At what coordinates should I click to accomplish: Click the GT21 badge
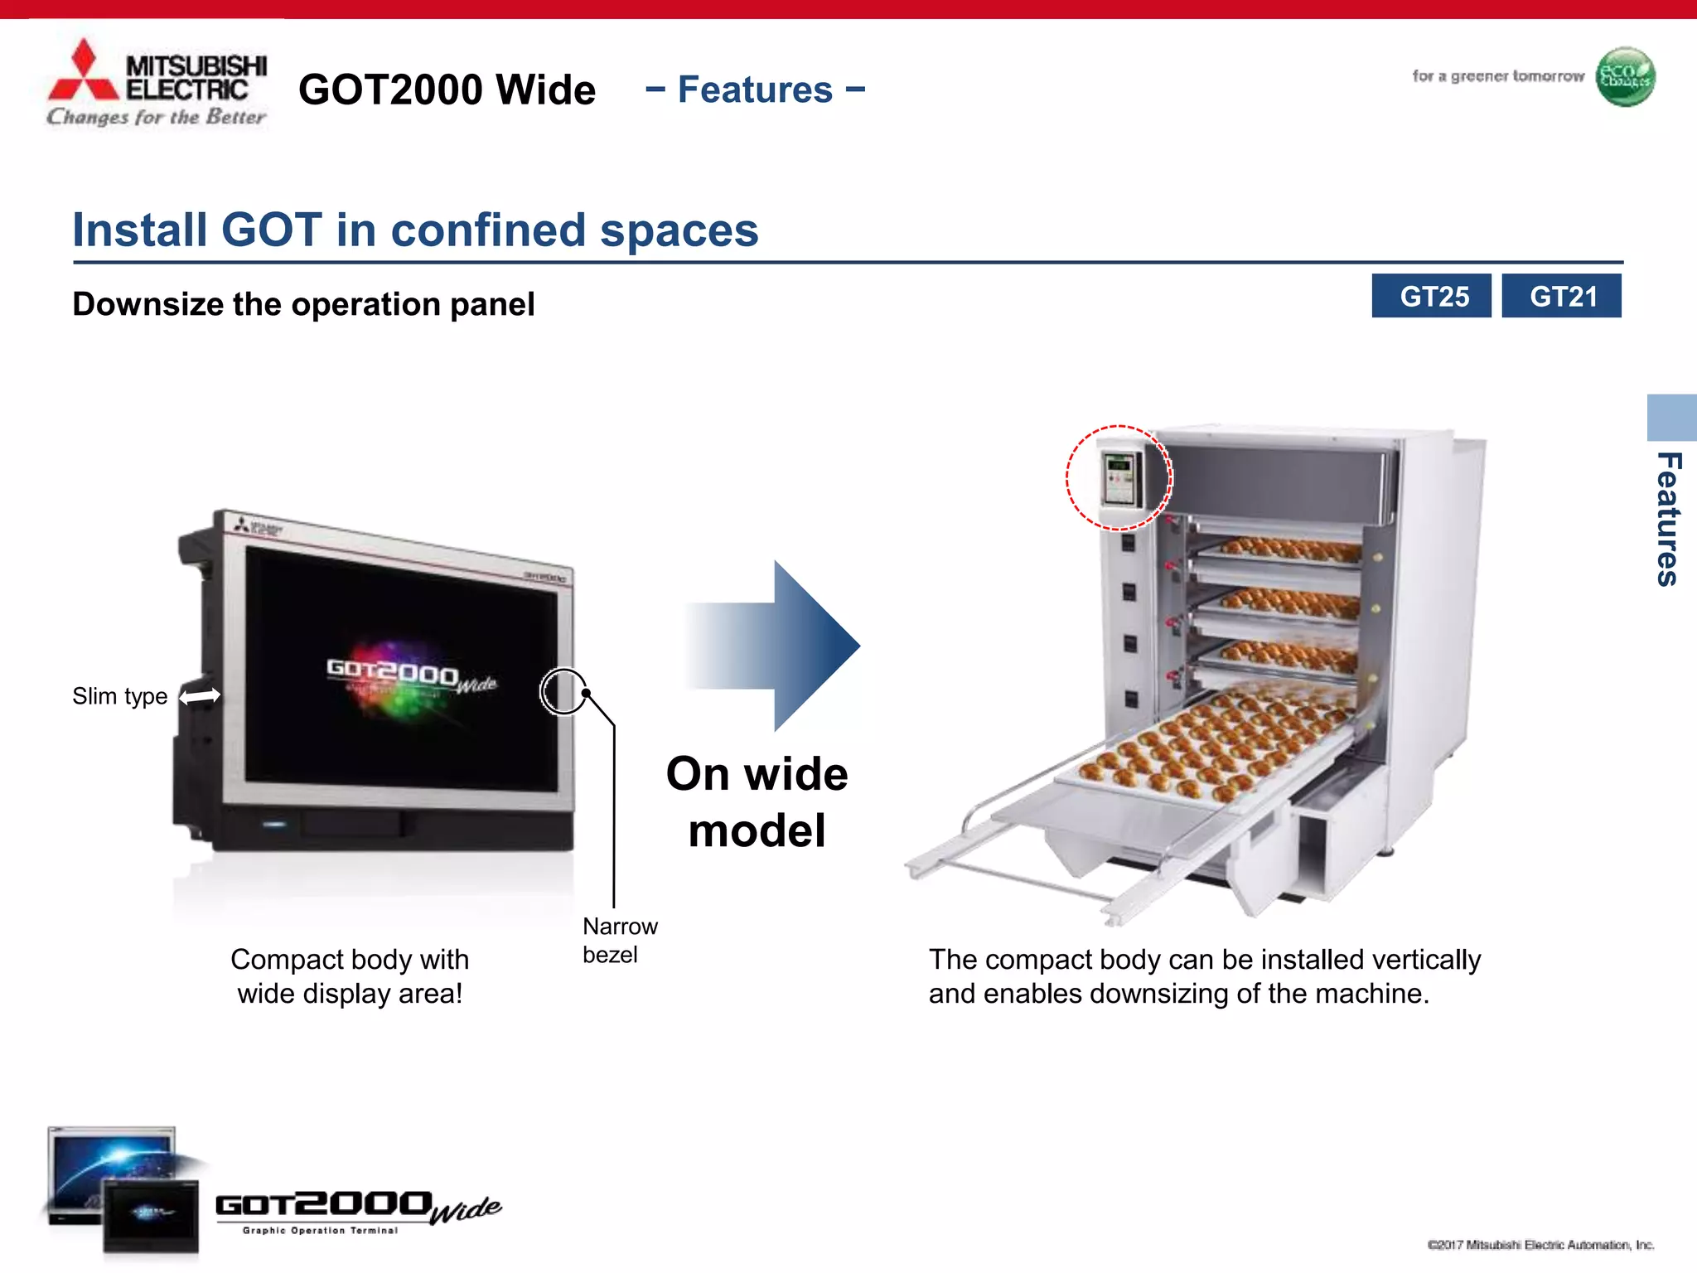click(x=1561, y=296)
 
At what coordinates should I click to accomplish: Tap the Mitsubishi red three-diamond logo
click(x=83, y=73)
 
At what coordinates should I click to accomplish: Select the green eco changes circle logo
click(x=1625, y=77)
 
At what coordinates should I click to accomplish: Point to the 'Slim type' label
click(x=119, y=696)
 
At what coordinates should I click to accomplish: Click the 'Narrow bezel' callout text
click(x=619, y=940)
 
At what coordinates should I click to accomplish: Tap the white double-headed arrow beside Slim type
click(x=200, y=696)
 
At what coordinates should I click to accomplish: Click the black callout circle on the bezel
click(x=563, y=690)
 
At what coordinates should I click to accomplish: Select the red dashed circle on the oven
click(x=1119, y=478)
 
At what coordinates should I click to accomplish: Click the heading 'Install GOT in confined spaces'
click(x=415, y=230)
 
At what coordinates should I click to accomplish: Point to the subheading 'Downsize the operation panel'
click(x=303, y=304)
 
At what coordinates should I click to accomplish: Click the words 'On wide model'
click(x=757, y=801)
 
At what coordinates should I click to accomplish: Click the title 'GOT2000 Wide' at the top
click(x=447, y=90)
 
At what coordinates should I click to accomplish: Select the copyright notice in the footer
click(x=1540, y=1245)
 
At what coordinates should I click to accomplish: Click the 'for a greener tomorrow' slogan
click(x=1497, y=76)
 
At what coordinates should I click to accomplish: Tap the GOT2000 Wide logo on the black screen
click(x=411, y=675)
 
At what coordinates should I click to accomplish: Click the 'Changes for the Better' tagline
click(x=157, y=117)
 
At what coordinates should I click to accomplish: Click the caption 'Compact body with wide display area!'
click(x=350, y=975)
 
